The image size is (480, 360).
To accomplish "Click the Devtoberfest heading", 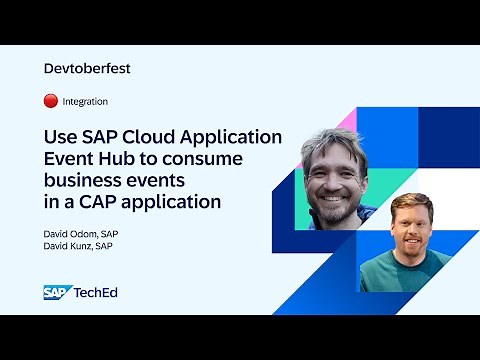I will pos(88,69).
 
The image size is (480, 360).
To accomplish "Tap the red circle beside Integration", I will pos(51,101).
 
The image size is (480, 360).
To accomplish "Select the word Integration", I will pos(85,101).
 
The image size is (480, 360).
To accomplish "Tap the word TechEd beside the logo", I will pos(93,292).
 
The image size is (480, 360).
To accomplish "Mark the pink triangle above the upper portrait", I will pos(348,119).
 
